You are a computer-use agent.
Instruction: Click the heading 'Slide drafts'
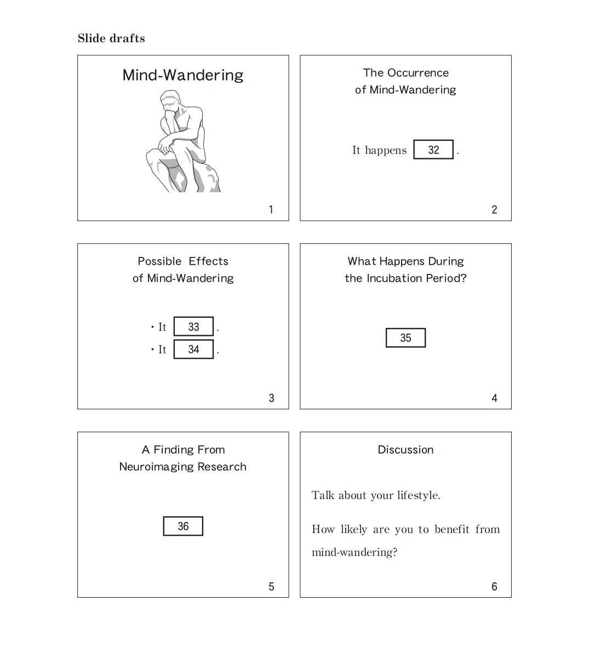pos(111,38)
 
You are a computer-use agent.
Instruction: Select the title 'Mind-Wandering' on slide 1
pos(183,76)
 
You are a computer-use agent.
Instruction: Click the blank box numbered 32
pos(433,150)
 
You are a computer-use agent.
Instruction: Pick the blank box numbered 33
pos(193,327)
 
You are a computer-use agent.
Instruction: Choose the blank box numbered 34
pos(193,350)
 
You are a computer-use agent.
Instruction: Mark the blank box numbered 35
pos(406,338)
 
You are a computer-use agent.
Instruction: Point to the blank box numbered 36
pos(183,526)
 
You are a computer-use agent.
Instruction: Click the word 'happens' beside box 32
pos(386,151)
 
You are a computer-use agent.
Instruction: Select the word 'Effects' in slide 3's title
pos(208,261)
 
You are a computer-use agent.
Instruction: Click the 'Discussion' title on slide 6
pos(406,450)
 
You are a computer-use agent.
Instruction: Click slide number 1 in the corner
pos(271,210)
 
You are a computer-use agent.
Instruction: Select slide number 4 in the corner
pos(494,398)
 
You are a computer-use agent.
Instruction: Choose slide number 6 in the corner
pos(494,586)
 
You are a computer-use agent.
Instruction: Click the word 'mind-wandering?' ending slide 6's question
pos(354,553)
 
